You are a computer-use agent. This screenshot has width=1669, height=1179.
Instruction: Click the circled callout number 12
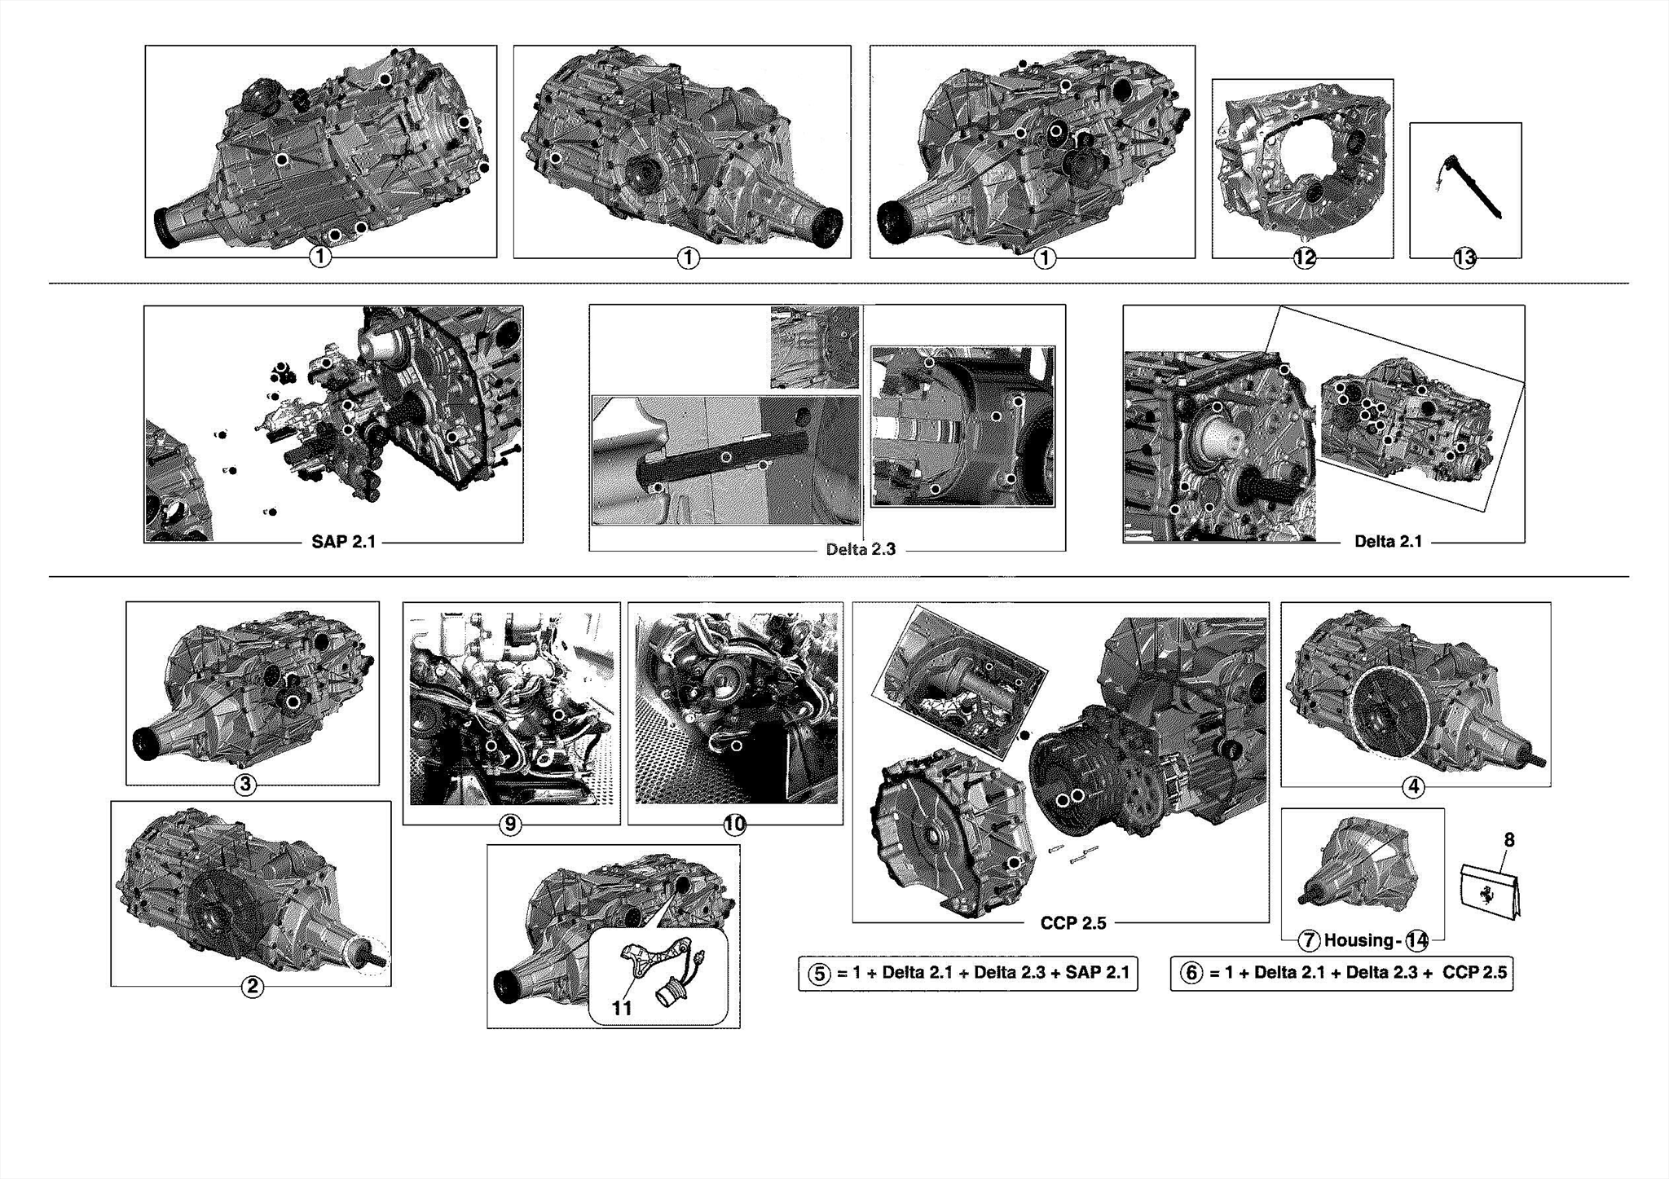[x=1304, y=258]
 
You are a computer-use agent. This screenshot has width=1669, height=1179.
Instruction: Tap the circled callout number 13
[x=1464, y=258]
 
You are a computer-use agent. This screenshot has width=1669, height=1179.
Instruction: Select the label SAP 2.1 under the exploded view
[x=343, y=542]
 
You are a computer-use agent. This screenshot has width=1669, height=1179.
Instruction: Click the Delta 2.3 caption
[x=861, y=549]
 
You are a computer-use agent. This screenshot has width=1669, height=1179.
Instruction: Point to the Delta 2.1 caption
[x=1388, y=541]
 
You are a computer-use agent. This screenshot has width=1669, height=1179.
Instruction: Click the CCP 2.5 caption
[x=1072, y=923]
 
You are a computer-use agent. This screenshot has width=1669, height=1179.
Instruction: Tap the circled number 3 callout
[x=244, y=785]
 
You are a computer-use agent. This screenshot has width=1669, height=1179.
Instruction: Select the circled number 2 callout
[x=252, y=987]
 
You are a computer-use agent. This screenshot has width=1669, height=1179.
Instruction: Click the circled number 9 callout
[x=510, y=825]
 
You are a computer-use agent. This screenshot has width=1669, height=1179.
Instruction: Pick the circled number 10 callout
[x=734, y=825]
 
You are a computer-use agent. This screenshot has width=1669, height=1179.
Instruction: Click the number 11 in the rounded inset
[x=622, y=1008]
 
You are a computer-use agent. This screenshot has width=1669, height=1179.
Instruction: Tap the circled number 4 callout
[x=1413, y=787]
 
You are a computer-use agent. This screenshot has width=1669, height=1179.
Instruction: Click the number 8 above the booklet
[x=1508, y=840]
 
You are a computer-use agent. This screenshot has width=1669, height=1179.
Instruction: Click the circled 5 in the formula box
[x=820, y=974]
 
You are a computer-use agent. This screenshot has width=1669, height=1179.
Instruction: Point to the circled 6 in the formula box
[x=1191, y=973]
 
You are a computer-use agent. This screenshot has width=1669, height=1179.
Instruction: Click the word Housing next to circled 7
[x=1358, y=940]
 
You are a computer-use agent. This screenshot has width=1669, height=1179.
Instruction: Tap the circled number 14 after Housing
[x=1417, y=940]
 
